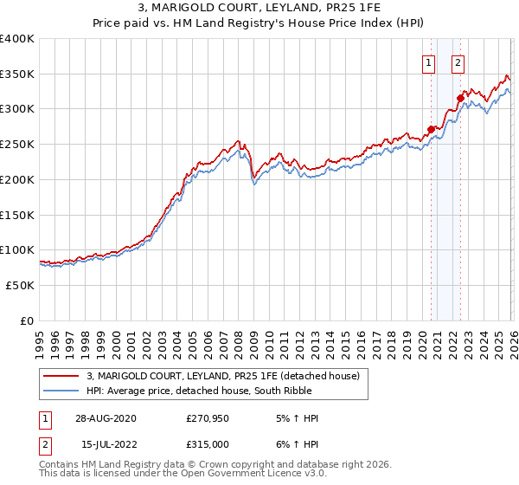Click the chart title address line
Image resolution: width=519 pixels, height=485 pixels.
pyautogui.click(x=259, y=9)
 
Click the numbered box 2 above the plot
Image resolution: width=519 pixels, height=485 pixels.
pyautogui.click(x=458, y=61)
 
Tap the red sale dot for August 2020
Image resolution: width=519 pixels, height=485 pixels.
pyautogui.click(x=432, y=129)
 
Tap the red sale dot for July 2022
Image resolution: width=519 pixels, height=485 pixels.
pyautogui.click(x=460, y=98)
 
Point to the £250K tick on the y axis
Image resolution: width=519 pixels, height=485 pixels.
pyautogui.click(x=17, y=144)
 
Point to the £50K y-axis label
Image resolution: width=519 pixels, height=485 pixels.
pyautogui.click(x=20, y=285)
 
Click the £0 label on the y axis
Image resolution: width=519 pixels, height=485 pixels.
pyautogui.click(x=28, y=320)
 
